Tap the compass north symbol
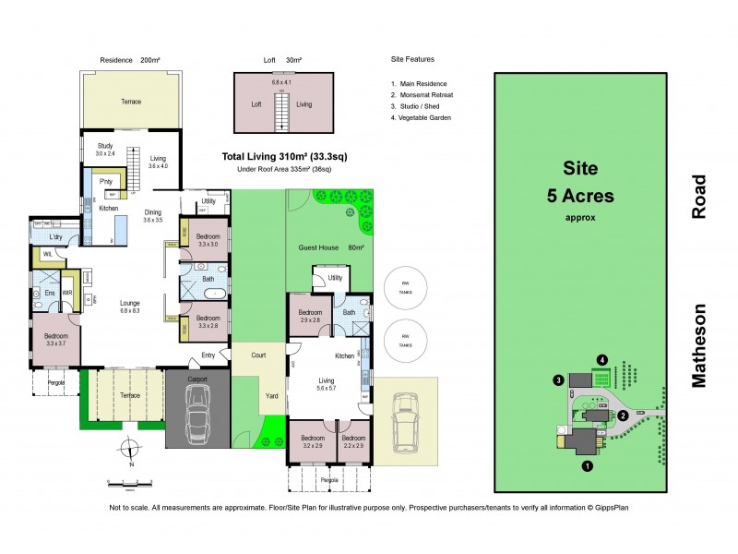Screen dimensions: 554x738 130,451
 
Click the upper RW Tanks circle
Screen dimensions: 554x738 399,289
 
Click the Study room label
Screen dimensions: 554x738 105,150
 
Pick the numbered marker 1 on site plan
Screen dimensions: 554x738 587,466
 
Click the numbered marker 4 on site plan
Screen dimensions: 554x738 601,359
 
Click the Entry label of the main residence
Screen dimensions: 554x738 208,356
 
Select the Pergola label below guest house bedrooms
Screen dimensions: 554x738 329,480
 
